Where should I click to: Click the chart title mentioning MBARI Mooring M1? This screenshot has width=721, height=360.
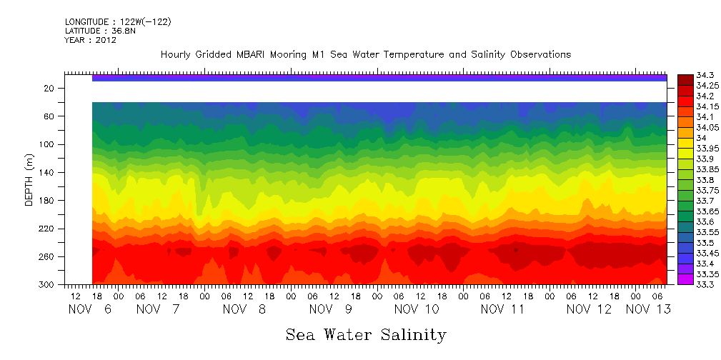(366, 55)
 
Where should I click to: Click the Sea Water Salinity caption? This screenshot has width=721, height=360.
(366, 334)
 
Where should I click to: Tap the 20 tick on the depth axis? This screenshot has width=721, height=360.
(50, 88)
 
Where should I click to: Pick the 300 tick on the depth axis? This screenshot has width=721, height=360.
(48, 285)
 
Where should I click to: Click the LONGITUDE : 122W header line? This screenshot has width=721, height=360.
(117, 22)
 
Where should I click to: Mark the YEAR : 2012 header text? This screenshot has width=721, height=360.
(90, 41)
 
